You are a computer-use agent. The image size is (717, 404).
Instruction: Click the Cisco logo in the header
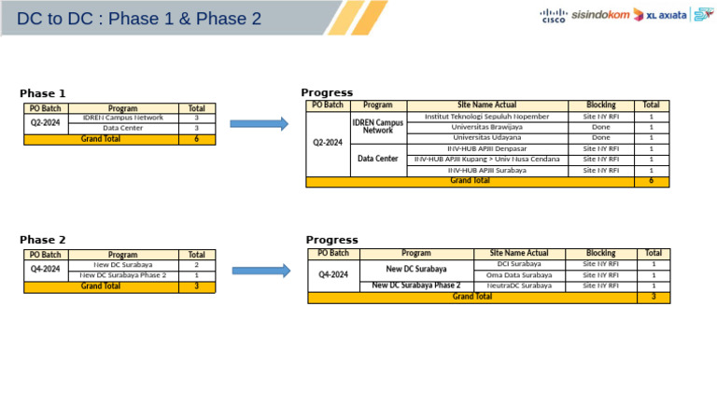click(553, 15)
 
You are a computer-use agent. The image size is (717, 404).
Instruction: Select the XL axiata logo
click(660, 15)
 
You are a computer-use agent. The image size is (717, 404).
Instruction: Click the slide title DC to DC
click(139, 19)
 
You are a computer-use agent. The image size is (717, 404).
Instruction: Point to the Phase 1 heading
click(43, 93)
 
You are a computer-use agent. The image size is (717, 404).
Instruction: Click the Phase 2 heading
click(43, 240)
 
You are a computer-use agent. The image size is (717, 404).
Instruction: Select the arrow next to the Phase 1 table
click(259, 123)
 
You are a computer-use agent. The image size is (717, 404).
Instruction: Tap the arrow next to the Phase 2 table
click(260, 271)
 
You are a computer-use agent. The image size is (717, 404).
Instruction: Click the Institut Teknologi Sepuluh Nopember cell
click(486, 117)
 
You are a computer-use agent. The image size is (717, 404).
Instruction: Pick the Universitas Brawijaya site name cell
click(486, 127)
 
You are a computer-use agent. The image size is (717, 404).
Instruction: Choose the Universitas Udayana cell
click(486, 137)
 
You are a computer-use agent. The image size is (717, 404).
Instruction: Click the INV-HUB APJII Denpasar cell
click(486, 148)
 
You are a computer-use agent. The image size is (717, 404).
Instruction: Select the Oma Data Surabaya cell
click(519, 275)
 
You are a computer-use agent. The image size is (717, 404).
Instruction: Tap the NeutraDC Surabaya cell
click(519, 286)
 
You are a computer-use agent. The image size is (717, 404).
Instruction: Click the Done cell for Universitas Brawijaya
click(600, 127)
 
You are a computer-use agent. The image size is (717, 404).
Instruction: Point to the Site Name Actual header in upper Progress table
click(486, 105)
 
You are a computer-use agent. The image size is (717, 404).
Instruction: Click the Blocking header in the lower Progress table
click(600, 253)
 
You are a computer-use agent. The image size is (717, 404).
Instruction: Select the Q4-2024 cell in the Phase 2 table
click(45, 270)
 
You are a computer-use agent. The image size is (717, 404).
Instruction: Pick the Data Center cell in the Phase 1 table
click(122, 129)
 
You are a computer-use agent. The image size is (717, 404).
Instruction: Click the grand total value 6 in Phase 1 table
click(196, 139)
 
